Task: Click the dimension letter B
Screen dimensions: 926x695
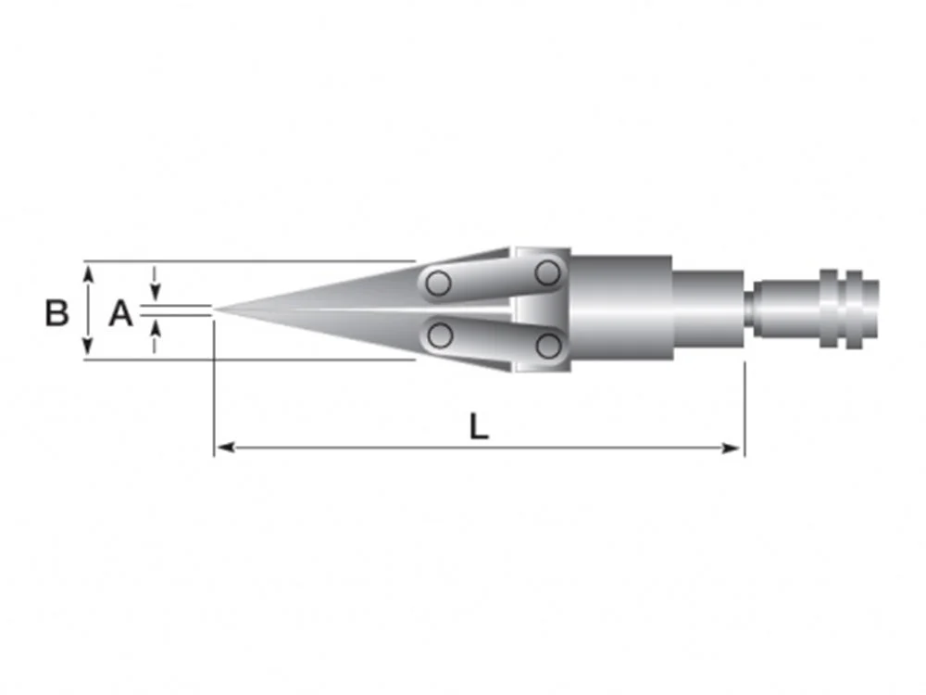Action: point(57,312)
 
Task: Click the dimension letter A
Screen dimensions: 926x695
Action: point(120,312)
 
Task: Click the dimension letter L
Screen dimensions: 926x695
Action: point(479,426)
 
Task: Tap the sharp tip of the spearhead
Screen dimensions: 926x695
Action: point(215,310)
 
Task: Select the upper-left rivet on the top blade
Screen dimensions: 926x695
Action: point(438,283)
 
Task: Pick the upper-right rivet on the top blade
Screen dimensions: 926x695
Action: point(547,273)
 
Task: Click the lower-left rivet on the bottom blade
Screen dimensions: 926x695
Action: point(439,335)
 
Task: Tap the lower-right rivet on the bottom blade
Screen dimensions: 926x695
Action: point(548,346)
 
